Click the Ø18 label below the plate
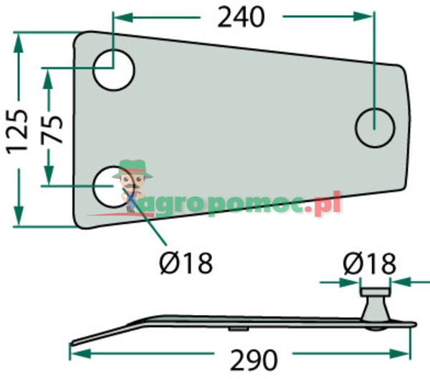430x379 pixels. (185, 263)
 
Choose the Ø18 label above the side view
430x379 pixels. (368, 263)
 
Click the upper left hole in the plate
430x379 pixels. (115, 70)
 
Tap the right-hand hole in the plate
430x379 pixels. (375, 127)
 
